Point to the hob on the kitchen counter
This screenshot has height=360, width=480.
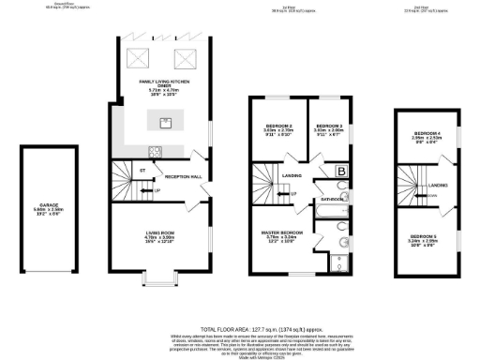[153, 151]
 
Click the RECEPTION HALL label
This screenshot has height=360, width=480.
[184, 176]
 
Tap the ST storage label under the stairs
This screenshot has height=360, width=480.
[143, 171]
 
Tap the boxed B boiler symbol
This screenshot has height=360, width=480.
[341, 172]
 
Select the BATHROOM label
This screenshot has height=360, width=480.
[332, 199]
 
